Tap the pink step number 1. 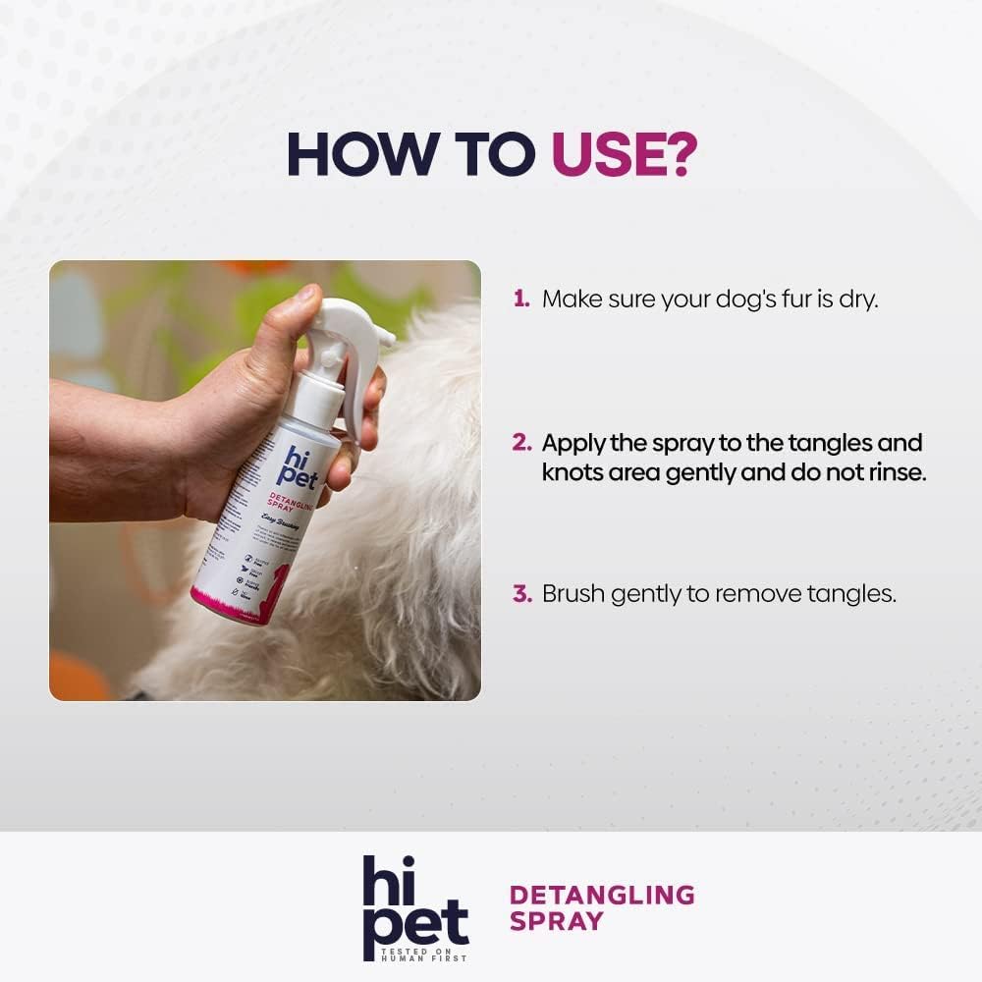tap(520, 299)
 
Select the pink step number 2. tap(521, 443)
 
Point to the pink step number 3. tap(521, 594)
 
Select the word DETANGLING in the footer tap(602, 895)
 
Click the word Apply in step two tap(573, 443)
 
